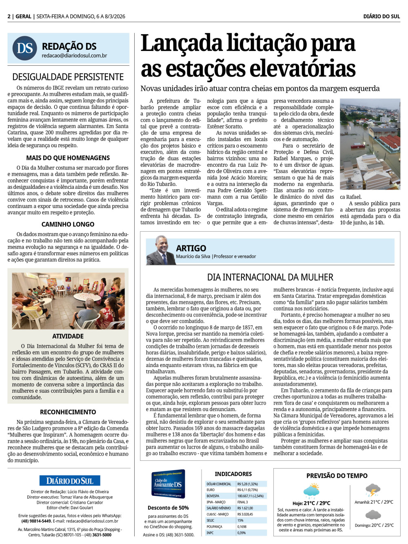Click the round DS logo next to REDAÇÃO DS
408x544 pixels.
pos(24,48)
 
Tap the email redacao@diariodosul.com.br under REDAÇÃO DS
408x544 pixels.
pos(74,55)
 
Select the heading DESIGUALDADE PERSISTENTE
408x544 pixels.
pos(68,77)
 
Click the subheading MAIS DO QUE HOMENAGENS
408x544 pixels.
pos(68,158)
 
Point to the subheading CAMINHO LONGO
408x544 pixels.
pos(68,224)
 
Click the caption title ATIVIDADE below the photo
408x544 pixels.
pos(68,336)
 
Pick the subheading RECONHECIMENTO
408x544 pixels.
pos(68,412)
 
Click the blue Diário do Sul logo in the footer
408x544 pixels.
pos(70,480)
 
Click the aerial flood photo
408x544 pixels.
pos(370,145)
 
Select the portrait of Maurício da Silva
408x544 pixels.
pos(161,250)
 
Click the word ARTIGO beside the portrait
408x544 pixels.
pos(191,248)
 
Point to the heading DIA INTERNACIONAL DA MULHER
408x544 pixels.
pos(270,277)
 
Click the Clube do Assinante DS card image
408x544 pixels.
pos(168,484)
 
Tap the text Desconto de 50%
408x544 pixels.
pos(168,508)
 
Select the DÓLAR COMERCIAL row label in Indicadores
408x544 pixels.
pos(219,484)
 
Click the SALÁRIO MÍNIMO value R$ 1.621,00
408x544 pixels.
pos(245,508)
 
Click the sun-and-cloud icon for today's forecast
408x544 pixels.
pos(312,490)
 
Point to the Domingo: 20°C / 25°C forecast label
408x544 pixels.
pos(374,525)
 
